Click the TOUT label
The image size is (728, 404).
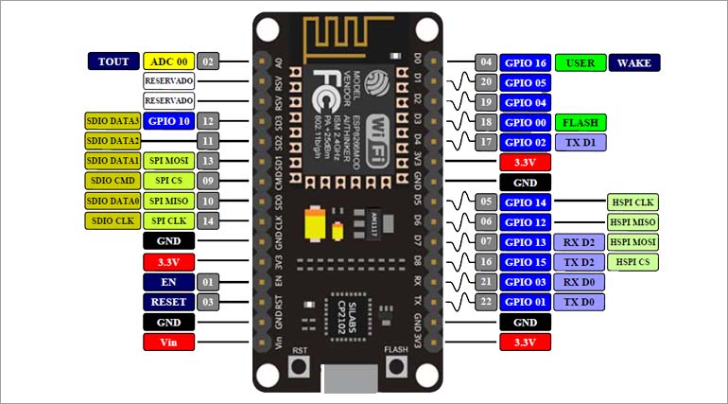pyautogui.click(x=113, y=61)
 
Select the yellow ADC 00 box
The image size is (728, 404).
pyautogui.click(x=169, y=61)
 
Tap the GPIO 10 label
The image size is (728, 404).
pyautogui.click(x=169, y=121)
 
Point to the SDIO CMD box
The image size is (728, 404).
pyautogui.click(x=113, y=181)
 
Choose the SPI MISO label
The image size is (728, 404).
pyautogui.click(x=169, y=201)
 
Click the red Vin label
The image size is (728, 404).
pyautogui.click(x=169, y=342)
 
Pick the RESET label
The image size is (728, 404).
pyautogui.click(x=169, y=302)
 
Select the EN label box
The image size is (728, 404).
pyautogui.click(x=169, y=282)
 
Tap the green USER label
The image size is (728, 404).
pyautogui.click(x=581, y=63)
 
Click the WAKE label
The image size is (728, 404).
pyautogui.click(x=634, y=63)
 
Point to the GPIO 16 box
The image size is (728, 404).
pyautogui.click(x=525, y=63)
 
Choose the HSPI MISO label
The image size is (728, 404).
pyautogui.click(x=633, y=222)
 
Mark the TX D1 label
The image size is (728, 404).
pyautogui.click(x=581, y=143)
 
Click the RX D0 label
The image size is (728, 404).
pyautogui.click(x=581, y=282)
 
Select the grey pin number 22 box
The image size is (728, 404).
pyautogui.click(x=487, y=302)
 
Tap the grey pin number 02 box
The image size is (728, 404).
pyautogui.click(x=209, y=61)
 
